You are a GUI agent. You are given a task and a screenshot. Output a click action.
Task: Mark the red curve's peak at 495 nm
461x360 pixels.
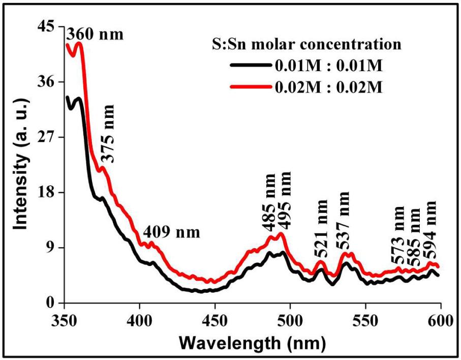coord(280,233)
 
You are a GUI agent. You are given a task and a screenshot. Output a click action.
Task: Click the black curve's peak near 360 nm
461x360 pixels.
coord(79,98)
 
